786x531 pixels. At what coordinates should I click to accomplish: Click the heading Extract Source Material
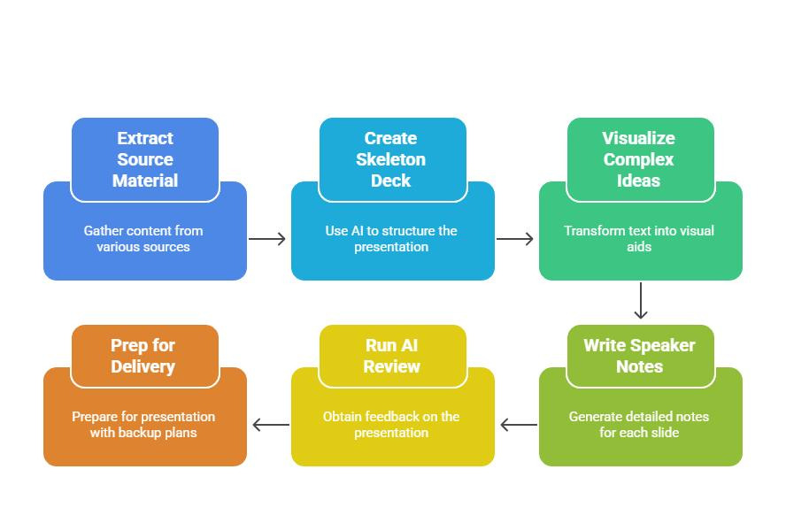coord(145,159)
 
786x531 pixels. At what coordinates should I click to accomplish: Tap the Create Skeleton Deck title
coord(391,159)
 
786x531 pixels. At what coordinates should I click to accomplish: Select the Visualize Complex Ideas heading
coord(639,159)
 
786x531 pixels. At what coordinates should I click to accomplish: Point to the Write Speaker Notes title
coord(639,356)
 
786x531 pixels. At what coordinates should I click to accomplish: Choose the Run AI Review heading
coord(391,356)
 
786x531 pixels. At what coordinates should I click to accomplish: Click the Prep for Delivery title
coord(143,356)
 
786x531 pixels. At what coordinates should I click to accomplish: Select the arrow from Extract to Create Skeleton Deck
coord(267,239)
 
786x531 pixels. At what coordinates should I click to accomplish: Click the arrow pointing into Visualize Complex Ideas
coord(515,239)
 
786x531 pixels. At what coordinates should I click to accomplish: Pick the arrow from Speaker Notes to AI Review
coord(519,426)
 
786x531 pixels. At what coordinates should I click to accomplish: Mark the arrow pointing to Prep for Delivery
coord(271,426)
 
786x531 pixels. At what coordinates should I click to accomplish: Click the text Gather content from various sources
coord(143,239)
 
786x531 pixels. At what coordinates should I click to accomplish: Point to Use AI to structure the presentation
coord(391,239)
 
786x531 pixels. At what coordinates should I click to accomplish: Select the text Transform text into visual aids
coord(639,239)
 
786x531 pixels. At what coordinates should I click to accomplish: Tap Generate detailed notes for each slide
coord(639,425)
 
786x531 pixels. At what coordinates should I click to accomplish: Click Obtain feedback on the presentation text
coord(391,425)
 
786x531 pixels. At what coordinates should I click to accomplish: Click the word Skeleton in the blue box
coord(391,159)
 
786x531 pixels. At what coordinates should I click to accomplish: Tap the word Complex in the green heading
coord(639,159)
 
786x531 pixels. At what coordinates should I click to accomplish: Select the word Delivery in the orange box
coord(143,366)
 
